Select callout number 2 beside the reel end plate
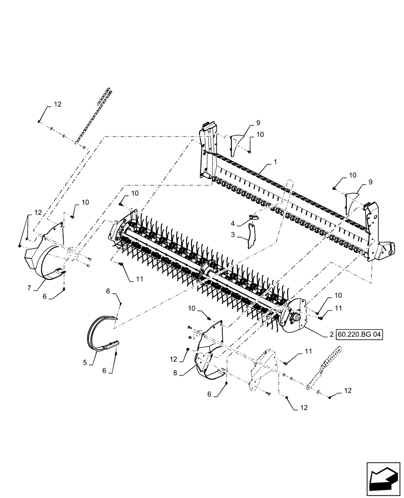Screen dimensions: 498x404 (x=331, y=335)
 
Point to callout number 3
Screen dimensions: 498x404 (x=233, y=235)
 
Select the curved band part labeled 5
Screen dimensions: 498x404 (x=102, y=336)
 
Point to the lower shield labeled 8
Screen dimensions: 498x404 (x=209, y=359)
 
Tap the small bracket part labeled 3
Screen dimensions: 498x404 (x=253, y=235)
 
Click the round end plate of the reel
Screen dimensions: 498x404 (x=294, y=319)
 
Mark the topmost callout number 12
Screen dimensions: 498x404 (x=57, y=105)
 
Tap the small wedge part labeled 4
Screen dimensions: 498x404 (x=253, y=217)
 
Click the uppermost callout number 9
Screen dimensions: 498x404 (x=258, y=123)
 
